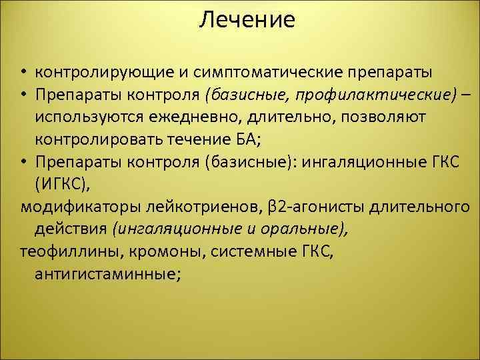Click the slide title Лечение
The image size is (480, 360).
[247, 20]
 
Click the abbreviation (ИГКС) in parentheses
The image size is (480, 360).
[62, 185]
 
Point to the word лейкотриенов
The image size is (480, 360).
[194, 207]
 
